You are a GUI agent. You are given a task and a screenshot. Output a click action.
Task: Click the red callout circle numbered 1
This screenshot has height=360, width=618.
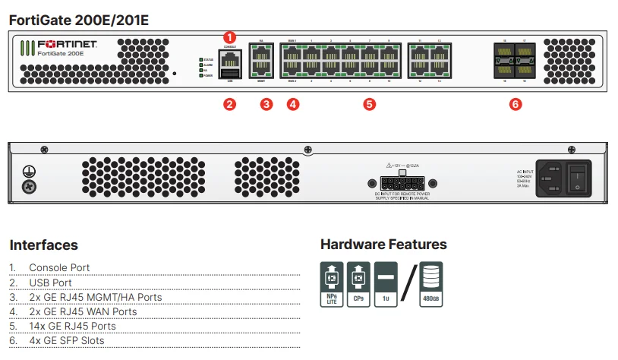pos(232,36)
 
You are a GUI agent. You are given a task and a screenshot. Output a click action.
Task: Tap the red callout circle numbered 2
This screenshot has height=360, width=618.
pos(229,105)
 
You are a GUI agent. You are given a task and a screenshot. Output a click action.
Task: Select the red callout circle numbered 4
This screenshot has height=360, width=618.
pos(293,105)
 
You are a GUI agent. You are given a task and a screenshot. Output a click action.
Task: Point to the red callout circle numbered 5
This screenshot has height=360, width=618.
pos(370,105)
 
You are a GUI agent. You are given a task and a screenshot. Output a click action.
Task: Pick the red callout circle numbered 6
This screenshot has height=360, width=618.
pos(516,105)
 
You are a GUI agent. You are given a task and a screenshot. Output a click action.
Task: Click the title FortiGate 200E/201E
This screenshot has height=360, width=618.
pos(79,20)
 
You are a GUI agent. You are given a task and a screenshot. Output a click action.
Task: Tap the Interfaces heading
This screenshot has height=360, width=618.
pos(43,245)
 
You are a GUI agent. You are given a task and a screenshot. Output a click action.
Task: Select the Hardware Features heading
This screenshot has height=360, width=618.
pos(383,245)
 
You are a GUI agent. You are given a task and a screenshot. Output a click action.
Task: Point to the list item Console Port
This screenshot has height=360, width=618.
pos(59,268)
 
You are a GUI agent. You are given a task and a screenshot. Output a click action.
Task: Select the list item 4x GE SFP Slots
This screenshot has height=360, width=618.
pos(67,340)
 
